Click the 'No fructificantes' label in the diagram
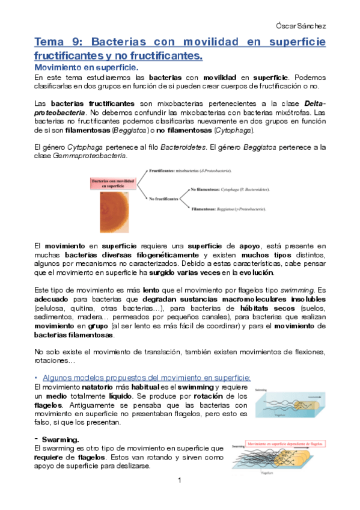(163, 198)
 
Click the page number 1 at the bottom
(180, 481)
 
